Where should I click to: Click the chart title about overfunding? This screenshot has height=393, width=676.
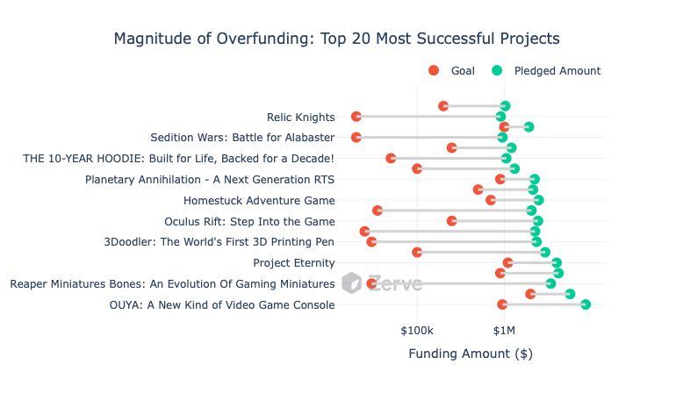coord(337,39)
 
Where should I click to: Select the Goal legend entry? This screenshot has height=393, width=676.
coord(451,71)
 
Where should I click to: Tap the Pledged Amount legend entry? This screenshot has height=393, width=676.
coord(546,71)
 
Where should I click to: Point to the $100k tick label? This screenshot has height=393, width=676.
coord(417,331)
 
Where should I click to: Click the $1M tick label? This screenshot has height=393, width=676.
coord(504,331)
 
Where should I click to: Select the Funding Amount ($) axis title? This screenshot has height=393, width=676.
coord(471,354)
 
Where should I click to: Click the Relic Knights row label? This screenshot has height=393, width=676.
coord(300,118)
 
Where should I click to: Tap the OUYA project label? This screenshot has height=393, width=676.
coord(222,305)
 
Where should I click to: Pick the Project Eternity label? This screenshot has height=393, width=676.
coord(293,263)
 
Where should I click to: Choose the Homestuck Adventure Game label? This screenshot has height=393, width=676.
coord(259,200)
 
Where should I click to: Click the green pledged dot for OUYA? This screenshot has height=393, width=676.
coord(586,304)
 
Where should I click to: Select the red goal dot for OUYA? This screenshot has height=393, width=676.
coord(502,304)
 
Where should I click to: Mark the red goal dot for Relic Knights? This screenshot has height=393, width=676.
coord(356,117)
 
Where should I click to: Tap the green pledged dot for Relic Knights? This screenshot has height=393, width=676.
coord(500,117)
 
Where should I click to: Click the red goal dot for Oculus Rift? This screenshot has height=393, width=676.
coord(452,221)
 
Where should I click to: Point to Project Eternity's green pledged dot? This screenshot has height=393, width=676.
coord(557,263)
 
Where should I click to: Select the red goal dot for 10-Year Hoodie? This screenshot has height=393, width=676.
coord(391,158)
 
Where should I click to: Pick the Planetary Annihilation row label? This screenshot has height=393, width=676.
coord(210,179)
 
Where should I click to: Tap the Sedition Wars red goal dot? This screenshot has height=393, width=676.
coord(356,138)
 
